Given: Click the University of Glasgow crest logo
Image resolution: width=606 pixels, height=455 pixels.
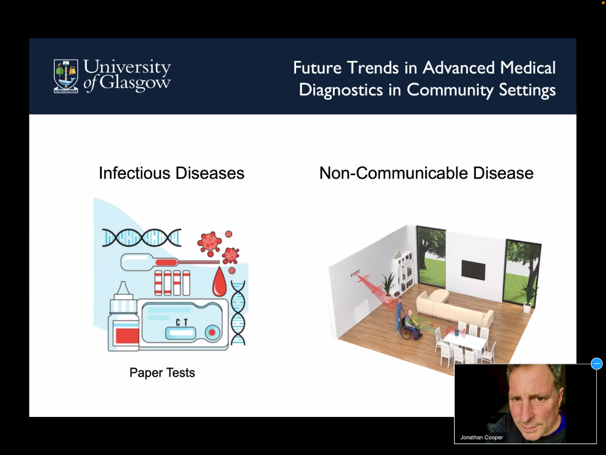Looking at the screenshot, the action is coord(66,76).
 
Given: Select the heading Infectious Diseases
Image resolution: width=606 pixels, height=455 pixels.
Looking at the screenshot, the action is coord(172,173).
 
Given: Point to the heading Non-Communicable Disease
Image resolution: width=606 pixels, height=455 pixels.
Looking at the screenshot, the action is coord(426,173).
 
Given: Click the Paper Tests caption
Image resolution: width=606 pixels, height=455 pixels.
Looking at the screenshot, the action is coord(162,372).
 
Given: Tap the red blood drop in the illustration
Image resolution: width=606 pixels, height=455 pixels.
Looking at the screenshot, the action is coord(219,282).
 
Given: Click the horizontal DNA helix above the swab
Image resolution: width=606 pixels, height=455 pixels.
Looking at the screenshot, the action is coord(142,238).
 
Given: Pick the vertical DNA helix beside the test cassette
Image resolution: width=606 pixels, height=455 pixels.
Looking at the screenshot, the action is coord(238,313).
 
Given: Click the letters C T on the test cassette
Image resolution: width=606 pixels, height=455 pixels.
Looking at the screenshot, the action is coord(181,322).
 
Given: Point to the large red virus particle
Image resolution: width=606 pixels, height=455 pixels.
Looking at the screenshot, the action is coord(209,243).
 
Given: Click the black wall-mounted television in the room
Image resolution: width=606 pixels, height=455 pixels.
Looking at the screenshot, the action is coord(473,270).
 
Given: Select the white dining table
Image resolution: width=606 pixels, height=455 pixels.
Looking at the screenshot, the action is coord(464,342).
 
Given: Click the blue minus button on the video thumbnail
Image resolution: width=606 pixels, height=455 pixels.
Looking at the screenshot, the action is coord(597,364).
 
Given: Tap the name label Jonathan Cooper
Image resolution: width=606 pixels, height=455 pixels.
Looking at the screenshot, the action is coord(482,437).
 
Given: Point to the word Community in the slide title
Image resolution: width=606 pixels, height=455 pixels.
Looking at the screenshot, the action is coord(450,90).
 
